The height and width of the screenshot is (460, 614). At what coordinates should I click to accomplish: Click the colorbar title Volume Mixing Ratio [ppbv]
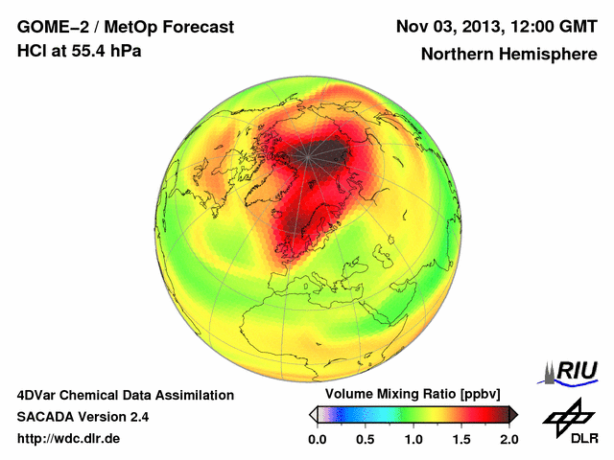(x=408, y=394)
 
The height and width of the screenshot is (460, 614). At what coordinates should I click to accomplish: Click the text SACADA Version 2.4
(x=83, y=417)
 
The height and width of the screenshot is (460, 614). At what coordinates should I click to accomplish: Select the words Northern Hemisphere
(x=508, y=55)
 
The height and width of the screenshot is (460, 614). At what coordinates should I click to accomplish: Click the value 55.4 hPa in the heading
(x=106, y=51)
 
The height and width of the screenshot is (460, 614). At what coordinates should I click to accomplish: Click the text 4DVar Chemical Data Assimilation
(x=125, y=395)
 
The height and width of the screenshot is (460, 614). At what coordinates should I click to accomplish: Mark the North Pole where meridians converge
(x=309, y=152)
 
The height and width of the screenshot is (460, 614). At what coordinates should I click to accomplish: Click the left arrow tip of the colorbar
(x=312, y=414)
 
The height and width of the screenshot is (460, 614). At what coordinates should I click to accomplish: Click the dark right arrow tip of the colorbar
(x=514, y=414)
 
